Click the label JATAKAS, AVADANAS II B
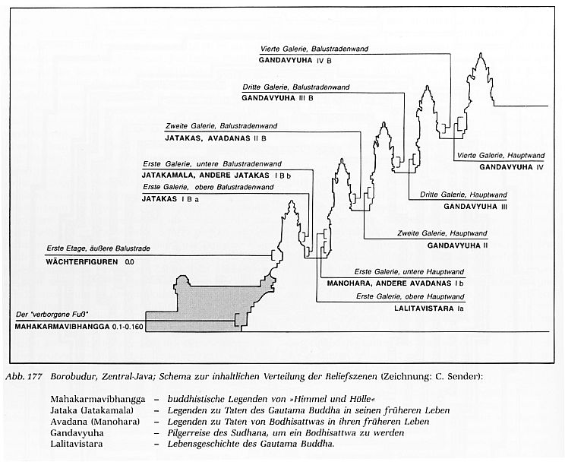[x=215, y=138]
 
